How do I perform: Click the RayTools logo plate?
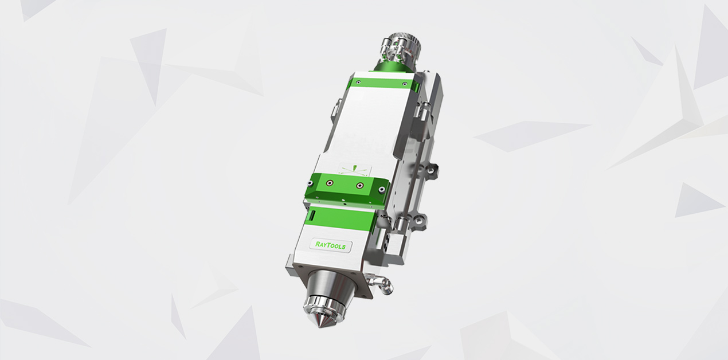tap(331, 245)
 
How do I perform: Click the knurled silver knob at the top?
tap(409, 48)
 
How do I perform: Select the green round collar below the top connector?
tap(390, 69)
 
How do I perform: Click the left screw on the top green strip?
tap(358, 82)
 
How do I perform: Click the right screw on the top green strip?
tap(405, 84)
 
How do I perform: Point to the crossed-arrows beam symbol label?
tap(354, 170)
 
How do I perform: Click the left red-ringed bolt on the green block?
tap(330, 183)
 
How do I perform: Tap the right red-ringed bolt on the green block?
tap(359, 186)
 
